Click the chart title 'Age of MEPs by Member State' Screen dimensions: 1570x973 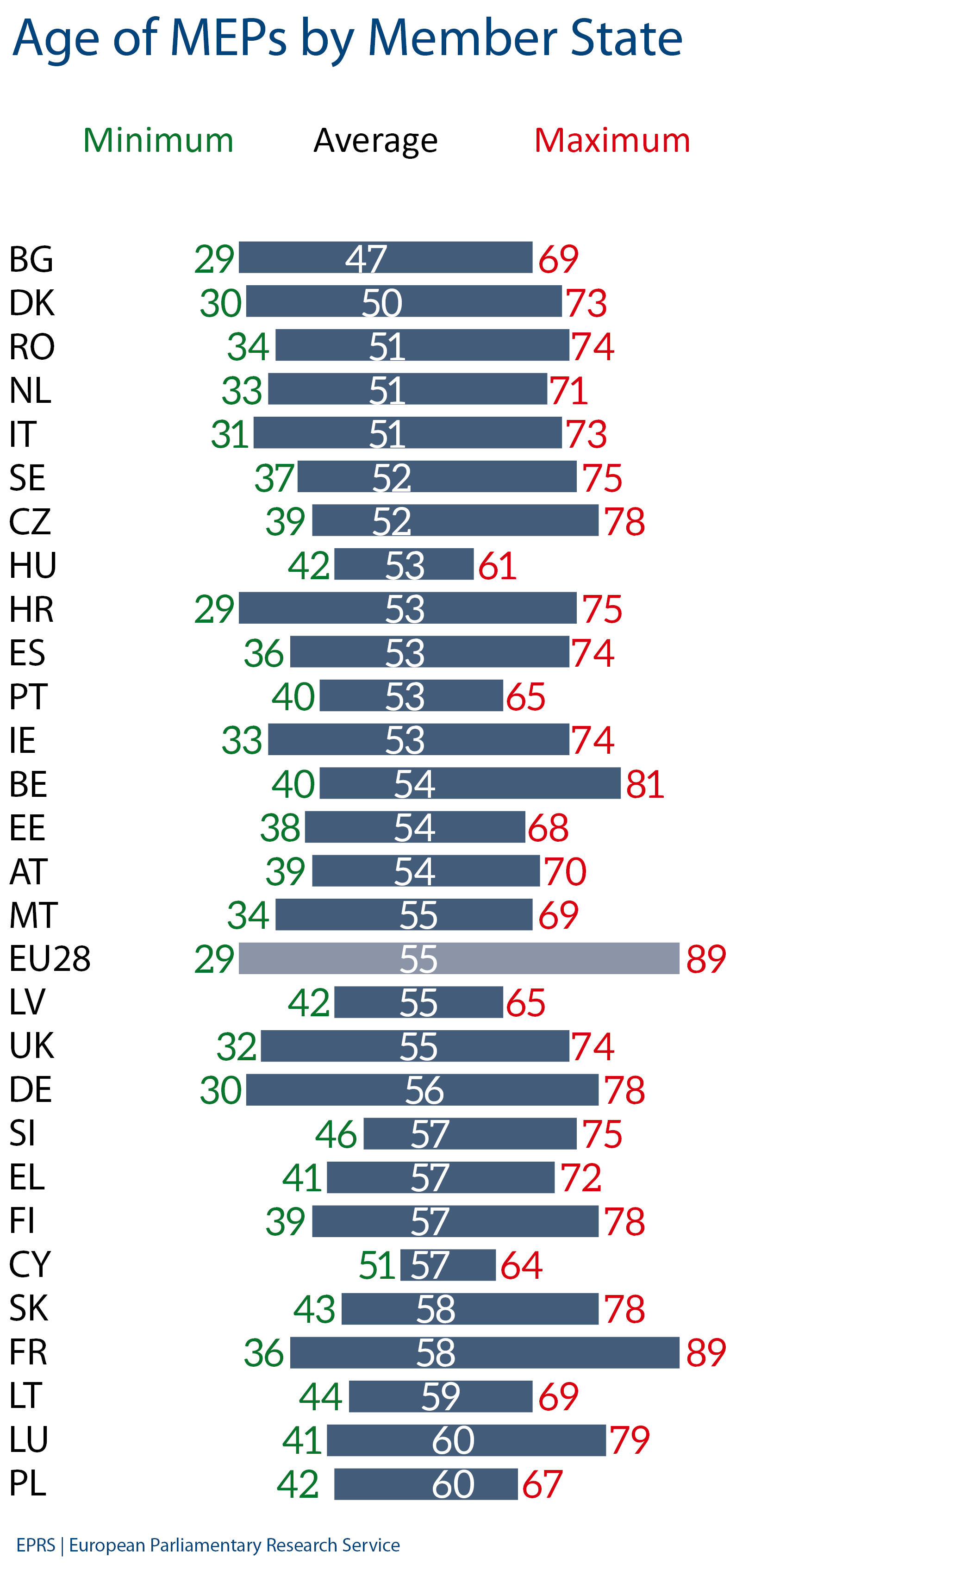coord(348,38)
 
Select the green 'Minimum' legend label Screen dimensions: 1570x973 coord(158,140)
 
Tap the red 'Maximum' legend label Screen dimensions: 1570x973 coord(612,140)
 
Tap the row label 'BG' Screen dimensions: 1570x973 coord(31,259)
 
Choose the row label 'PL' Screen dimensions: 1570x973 coord(28,1483)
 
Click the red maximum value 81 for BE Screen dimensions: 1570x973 coord(645,784)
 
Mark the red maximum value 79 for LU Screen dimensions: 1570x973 coord(630,1439)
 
